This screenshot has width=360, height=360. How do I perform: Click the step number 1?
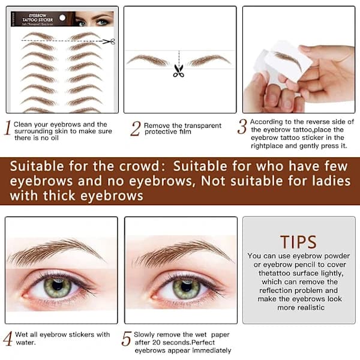[x=8, y=128]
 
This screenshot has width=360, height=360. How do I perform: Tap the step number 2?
[x=135, y=128]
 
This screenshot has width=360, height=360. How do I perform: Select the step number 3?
[x=242, y=127]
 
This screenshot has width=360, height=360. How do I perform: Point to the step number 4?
[x=8, y=338]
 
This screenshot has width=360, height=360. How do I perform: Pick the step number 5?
[x=127, y=338]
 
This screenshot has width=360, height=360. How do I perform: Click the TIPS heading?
[x=298, y=242]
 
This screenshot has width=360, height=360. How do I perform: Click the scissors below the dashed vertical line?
[x=179, y=71]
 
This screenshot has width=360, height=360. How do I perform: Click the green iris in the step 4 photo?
[x=58, y=286]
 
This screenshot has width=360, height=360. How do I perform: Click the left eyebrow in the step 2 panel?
[x=148, y=61]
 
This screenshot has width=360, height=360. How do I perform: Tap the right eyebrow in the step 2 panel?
[x=209, y=61]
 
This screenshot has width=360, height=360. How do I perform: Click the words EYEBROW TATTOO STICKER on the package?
[x=37, y=18]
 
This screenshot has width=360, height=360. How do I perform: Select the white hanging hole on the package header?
[x=62, y=17]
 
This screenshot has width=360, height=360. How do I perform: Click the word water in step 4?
[x=26, y=343]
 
